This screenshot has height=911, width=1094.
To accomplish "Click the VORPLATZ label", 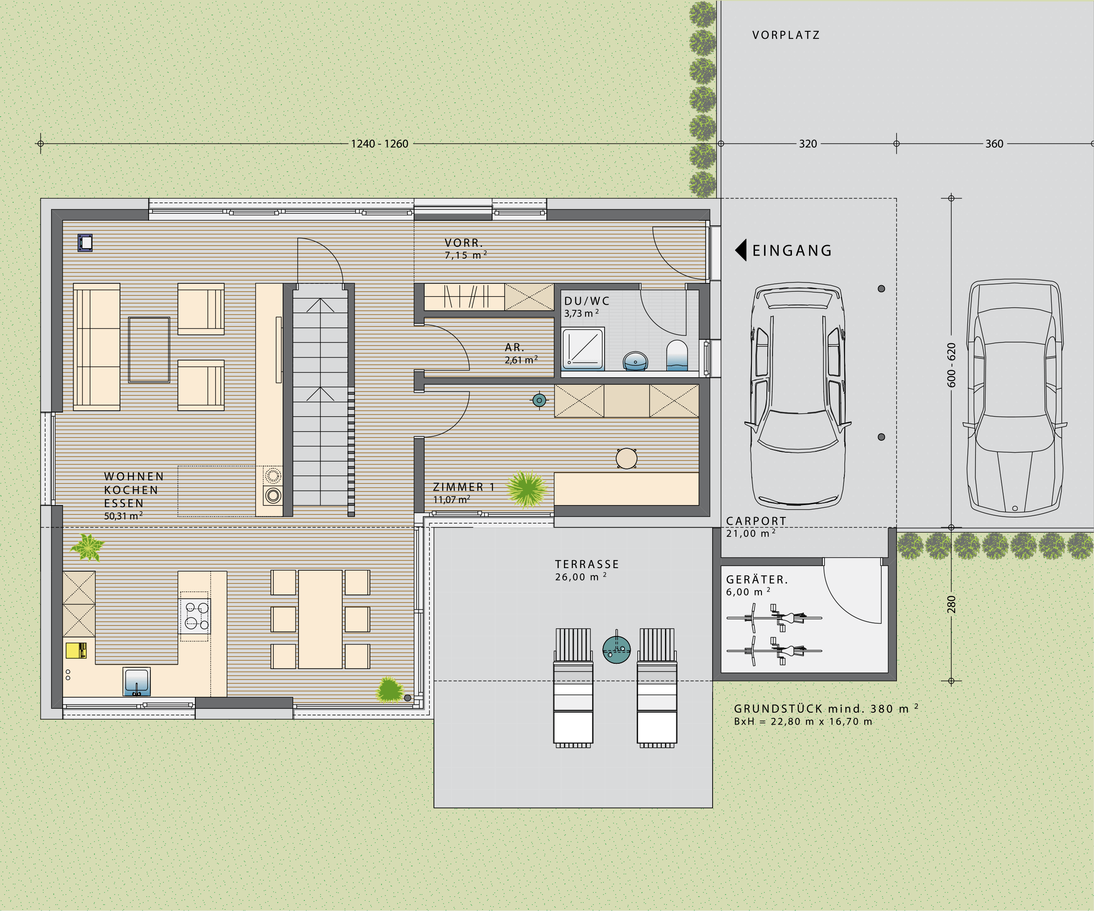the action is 786,35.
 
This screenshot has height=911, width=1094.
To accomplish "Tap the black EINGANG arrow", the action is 741,250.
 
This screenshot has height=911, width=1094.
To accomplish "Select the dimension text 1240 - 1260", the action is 379,144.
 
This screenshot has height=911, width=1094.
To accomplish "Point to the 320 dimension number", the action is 808,144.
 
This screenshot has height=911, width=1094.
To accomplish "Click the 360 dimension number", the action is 994,144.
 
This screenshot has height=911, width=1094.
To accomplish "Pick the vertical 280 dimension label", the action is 951,604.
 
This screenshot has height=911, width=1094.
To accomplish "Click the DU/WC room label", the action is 586,301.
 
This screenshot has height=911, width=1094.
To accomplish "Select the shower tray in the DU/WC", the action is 583,348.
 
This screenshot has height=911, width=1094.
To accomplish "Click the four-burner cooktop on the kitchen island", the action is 194,615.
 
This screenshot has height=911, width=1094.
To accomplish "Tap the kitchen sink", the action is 137,681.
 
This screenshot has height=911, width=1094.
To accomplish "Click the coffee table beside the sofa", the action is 149,350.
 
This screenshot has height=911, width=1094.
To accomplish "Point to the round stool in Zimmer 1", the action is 626,458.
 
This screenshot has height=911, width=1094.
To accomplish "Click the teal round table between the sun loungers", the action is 617,649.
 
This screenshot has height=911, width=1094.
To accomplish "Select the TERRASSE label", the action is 586,564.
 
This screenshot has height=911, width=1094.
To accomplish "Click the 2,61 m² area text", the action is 521,360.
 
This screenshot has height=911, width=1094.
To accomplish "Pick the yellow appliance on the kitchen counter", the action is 76,650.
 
